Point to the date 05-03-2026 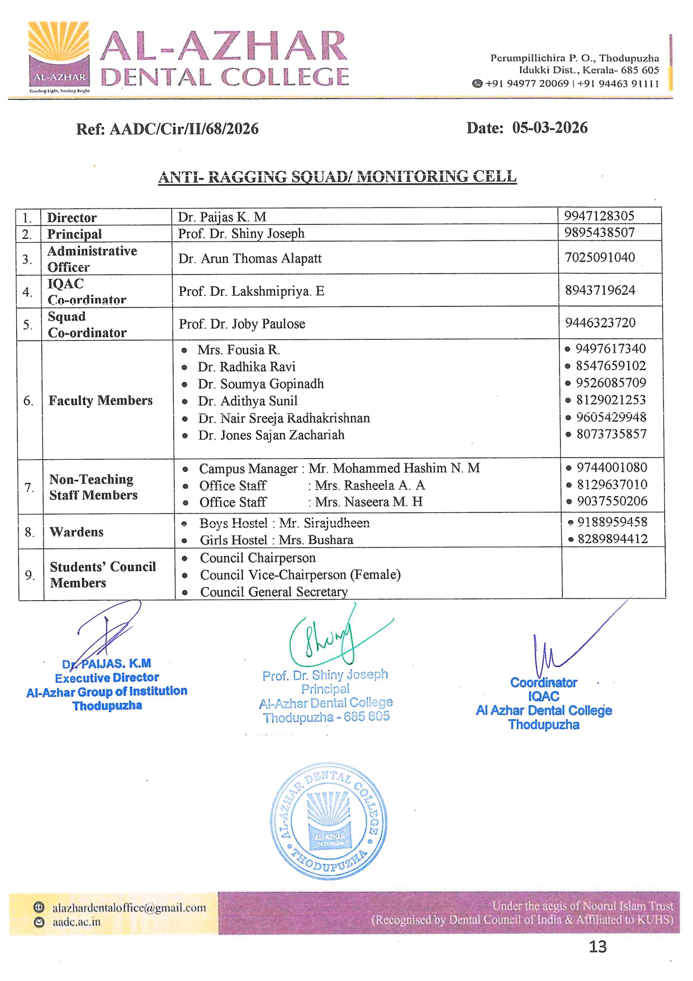(549, 128)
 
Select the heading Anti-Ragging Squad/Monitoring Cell (337, 177)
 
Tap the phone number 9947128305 (599, 216)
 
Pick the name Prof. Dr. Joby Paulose (242, 324)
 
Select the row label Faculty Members (101, 400)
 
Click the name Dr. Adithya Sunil (248, 401)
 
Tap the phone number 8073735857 (611, 434)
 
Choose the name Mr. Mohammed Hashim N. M (394, 468)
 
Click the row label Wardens (77, 532)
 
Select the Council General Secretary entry (274, 592)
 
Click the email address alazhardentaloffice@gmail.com (129, 908)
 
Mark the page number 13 (597, 946)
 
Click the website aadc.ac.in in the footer (77, 922)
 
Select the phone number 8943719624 (600, 290)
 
